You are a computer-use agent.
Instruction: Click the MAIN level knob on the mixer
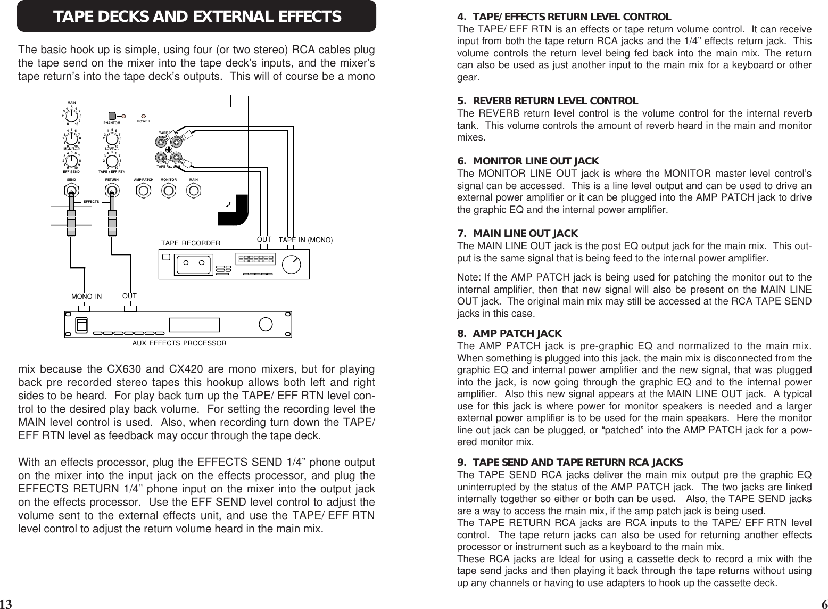click(71, 115)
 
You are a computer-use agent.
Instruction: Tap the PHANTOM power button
click(112, 116)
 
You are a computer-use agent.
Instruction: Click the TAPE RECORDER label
click(191, 243)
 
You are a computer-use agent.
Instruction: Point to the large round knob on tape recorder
click(291, 263)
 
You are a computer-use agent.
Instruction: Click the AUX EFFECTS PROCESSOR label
click(179, 343)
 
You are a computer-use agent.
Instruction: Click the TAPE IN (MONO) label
click(305, 240)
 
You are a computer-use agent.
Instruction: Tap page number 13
click(6, 604)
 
